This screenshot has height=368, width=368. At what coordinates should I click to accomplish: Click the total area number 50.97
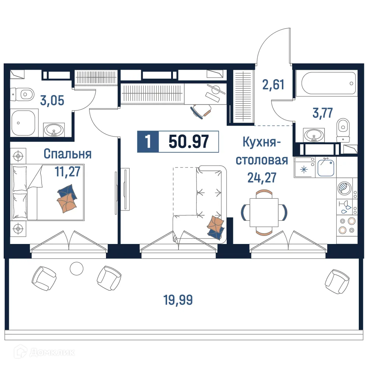click(x=189, y=141)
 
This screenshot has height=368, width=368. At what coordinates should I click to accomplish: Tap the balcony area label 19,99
click(x=178, y=300)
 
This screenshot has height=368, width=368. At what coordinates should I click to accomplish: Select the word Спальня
click(x=67, y=154)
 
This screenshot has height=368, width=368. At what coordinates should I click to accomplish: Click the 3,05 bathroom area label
click(x=52, y=100)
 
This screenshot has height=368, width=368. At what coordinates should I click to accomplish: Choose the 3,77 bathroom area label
click(x=322, y=113)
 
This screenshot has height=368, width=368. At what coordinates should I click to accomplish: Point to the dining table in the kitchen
click(x=264, y=212)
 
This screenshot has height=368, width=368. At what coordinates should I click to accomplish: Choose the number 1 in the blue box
click(x=148, y=141)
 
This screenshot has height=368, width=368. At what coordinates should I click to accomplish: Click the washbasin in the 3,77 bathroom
click(x=314, y=135)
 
